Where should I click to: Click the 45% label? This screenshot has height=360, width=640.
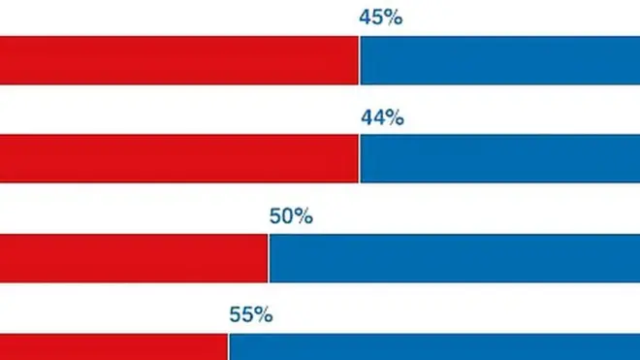[380, 18]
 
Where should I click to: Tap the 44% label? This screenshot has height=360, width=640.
[380, 118]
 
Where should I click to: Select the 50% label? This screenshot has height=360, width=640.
[290, 216]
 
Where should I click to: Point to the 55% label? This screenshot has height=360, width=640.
[250, 315]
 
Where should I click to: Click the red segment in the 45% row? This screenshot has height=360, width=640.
[179, 60]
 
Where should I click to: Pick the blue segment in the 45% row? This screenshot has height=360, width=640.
[499, 60]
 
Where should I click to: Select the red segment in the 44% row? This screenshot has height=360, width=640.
[179, 158]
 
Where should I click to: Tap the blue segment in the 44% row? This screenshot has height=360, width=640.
[499, 158]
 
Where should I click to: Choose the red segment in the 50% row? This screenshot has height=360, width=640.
[134, 258]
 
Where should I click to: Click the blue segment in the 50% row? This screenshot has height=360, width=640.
[454, 258]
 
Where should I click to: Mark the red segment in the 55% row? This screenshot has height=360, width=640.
[113, 346]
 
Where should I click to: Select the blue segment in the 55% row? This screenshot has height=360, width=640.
[433, 346]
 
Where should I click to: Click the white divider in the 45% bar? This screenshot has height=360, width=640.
[359, 60]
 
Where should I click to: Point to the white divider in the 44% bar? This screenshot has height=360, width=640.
[359, 158]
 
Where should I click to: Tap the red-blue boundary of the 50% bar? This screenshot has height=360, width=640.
[269, 258]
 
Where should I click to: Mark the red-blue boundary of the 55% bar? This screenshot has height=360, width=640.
[228, 346]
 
